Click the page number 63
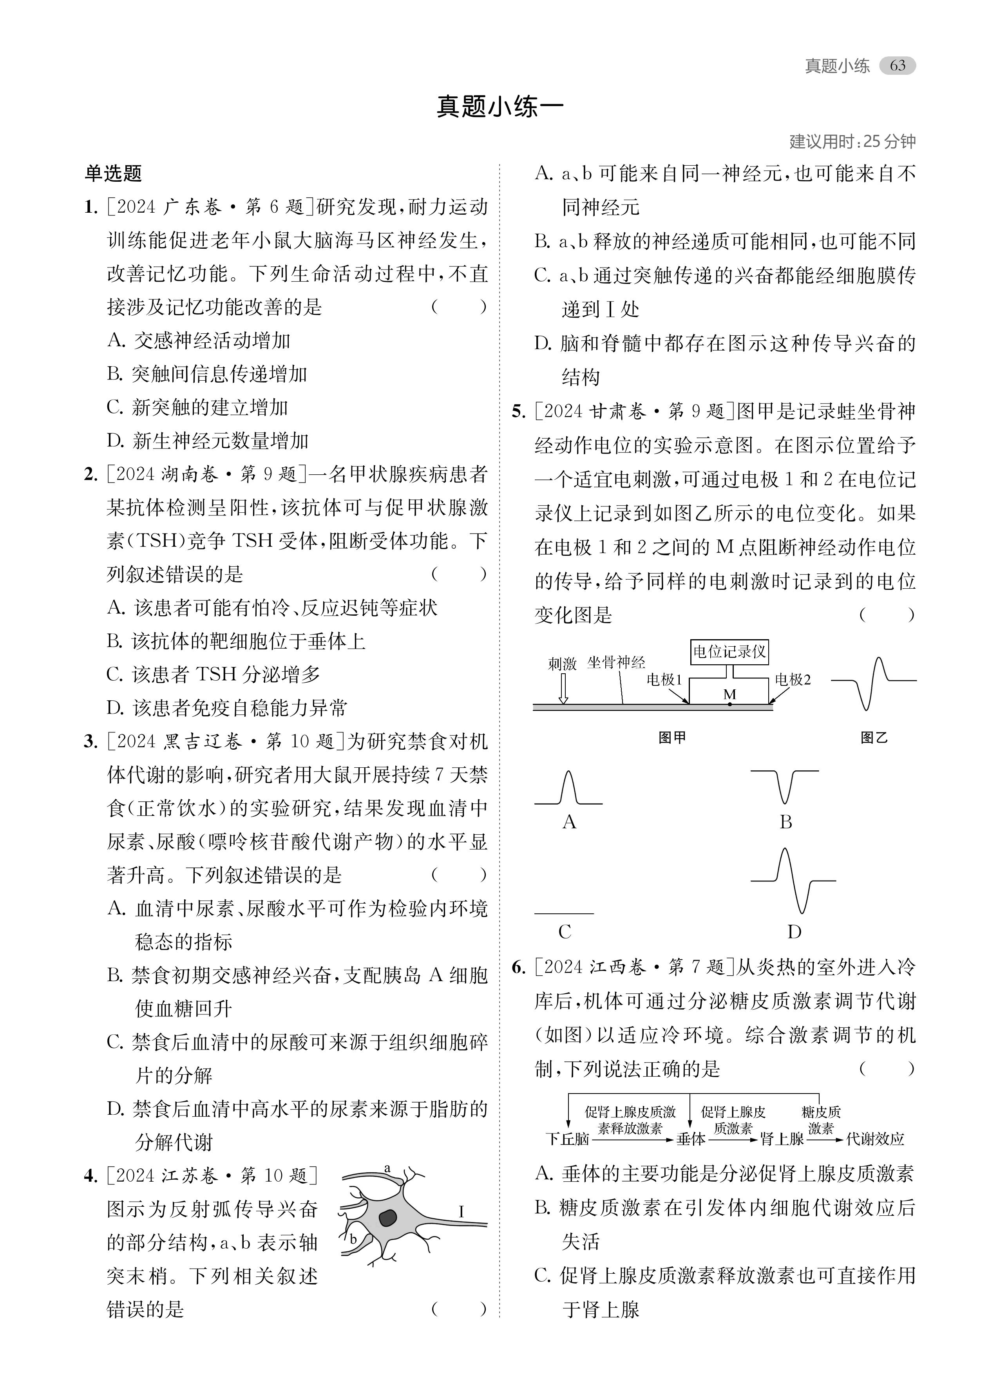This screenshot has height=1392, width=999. pyautogui.click(x=897, y=66)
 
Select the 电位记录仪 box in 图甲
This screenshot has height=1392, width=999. pyautogui.click(x=729, y=651)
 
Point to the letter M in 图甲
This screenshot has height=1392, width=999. pyautogui.click(x=729, y=694)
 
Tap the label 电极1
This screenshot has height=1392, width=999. pyautogui.click(x=664, y=680)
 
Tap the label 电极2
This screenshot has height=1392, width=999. pyautogui.click(x=793, y=680)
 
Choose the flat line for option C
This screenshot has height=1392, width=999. pyautogui.click(x=564, y=914)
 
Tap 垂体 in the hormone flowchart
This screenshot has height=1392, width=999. pyautogui.click(x=691, y=1139)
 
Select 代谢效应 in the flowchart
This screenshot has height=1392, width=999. pyautogui.click(x=875, y=1139)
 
